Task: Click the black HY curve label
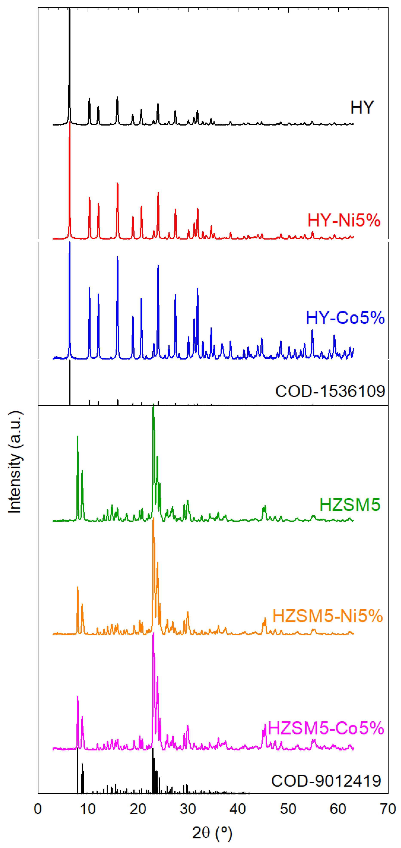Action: [362, 107]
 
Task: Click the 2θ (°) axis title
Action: [212, 833]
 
